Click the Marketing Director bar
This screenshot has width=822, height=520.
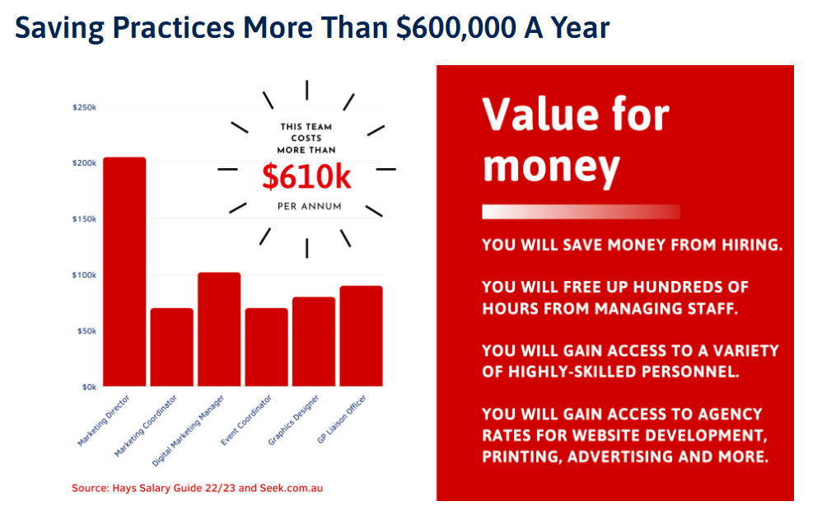[124, 272]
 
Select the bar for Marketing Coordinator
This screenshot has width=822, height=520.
[172, 348]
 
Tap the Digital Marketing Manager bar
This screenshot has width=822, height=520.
[219, 330]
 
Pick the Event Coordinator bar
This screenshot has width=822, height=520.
[266, 348]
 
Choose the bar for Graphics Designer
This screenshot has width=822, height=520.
[314, 342]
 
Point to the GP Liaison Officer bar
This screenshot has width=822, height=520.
[362, 336]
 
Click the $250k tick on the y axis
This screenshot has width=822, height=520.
[84, 108]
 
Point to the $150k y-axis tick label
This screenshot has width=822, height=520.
[84, 219]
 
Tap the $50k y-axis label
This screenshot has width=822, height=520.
[86, 331]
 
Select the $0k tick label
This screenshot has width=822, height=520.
[89, 387]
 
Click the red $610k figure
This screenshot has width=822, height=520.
[306, 177]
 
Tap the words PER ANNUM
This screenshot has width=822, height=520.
[310, 207]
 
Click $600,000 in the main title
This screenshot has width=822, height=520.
[456, 28]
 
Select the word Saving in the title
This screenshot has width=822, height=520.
[59, 29]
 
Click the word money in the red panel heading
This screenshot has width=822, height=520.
[551, 168]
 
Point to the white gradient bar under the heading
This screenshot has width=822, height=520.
[581, 212]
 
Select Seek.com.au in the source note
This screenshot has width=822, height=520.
[292, 488]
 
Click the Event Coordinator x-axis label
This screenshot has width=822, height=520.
[246, 420]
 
